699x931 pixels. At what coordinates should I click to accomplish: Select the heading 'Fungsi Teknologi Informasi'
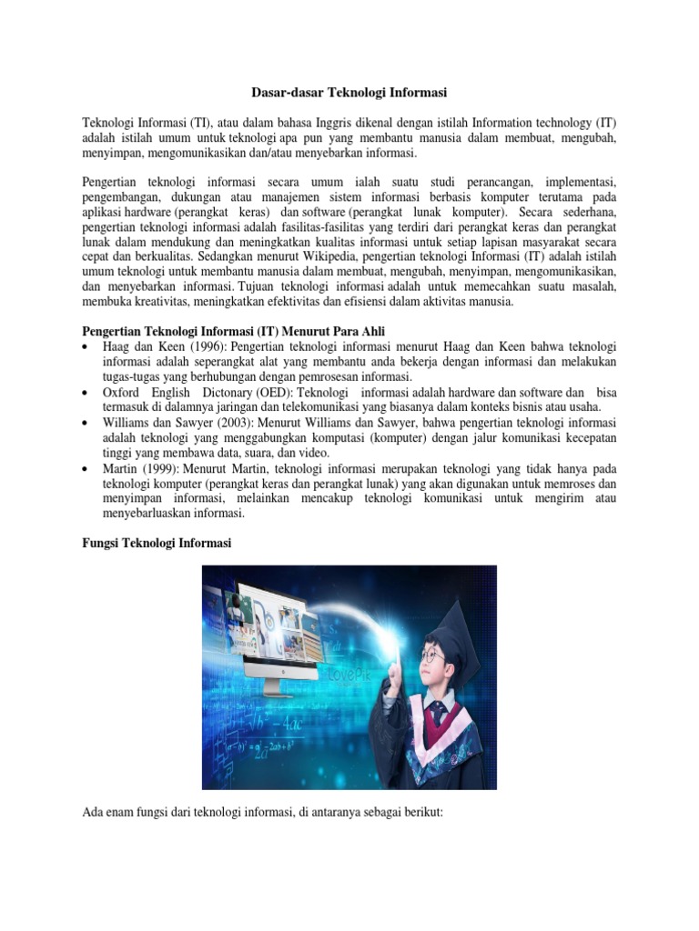[x=157, y=543]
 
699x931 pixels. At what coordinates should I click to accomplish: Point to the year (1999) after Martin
[x=147, y=470]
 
